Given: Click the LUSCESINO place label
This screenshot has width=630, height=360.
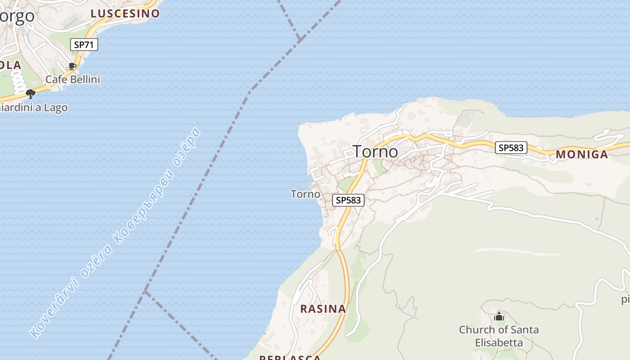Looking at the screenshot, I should [x=125, y=13].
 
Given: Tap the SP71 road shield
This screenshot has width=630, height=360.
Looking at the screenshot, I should [x=84, y=45].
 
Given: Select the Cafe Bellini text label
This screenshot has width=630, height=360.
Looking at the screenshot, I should [x=72, y=80].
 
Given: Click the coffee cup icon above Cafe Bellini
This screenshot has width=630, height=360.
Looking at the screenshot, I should [x=72, y=67].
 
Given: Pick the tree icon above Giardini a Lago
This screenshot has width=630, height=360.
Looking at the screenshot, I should [x=31, y=94].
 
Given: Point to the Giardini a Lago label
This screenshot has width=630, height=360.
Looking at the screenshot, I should [x=34, y=108].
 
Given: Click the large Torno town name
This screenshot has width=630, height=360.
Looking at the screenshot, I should [x=375, y=152].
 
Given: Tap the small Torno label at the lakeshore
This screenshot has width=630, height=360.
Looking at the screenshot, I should [x=305, y=194].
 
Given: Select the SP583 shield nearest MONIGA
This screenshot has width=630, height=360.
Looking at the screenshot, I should [x=511, y=148].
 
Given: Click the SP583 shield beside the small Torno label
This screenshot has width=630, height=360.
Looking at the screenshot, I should [x=348, y=200].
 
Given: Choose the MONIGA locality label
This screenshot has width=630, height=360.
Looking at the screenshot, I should [x=582, y=155].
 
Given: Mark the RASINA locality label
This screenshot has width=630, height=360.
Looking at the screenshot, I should [x=323, y=309].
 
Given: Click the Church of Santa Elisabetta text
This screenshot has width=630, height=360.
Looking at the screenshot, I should [x=499, y=336].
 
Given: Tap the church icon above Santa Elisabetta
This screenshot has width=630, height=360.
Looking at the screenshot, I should [x=499, y=317].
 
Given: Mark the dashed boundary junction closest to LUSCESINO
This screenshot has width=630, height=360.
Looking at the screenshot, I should [x=299, y=40].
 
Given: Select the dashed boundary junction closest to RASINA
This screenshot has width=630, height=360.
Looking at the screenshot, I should [x=145, y=292].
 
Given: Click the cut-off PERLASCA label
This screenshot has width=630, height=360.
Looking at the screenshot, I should [x=290, y=358].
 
